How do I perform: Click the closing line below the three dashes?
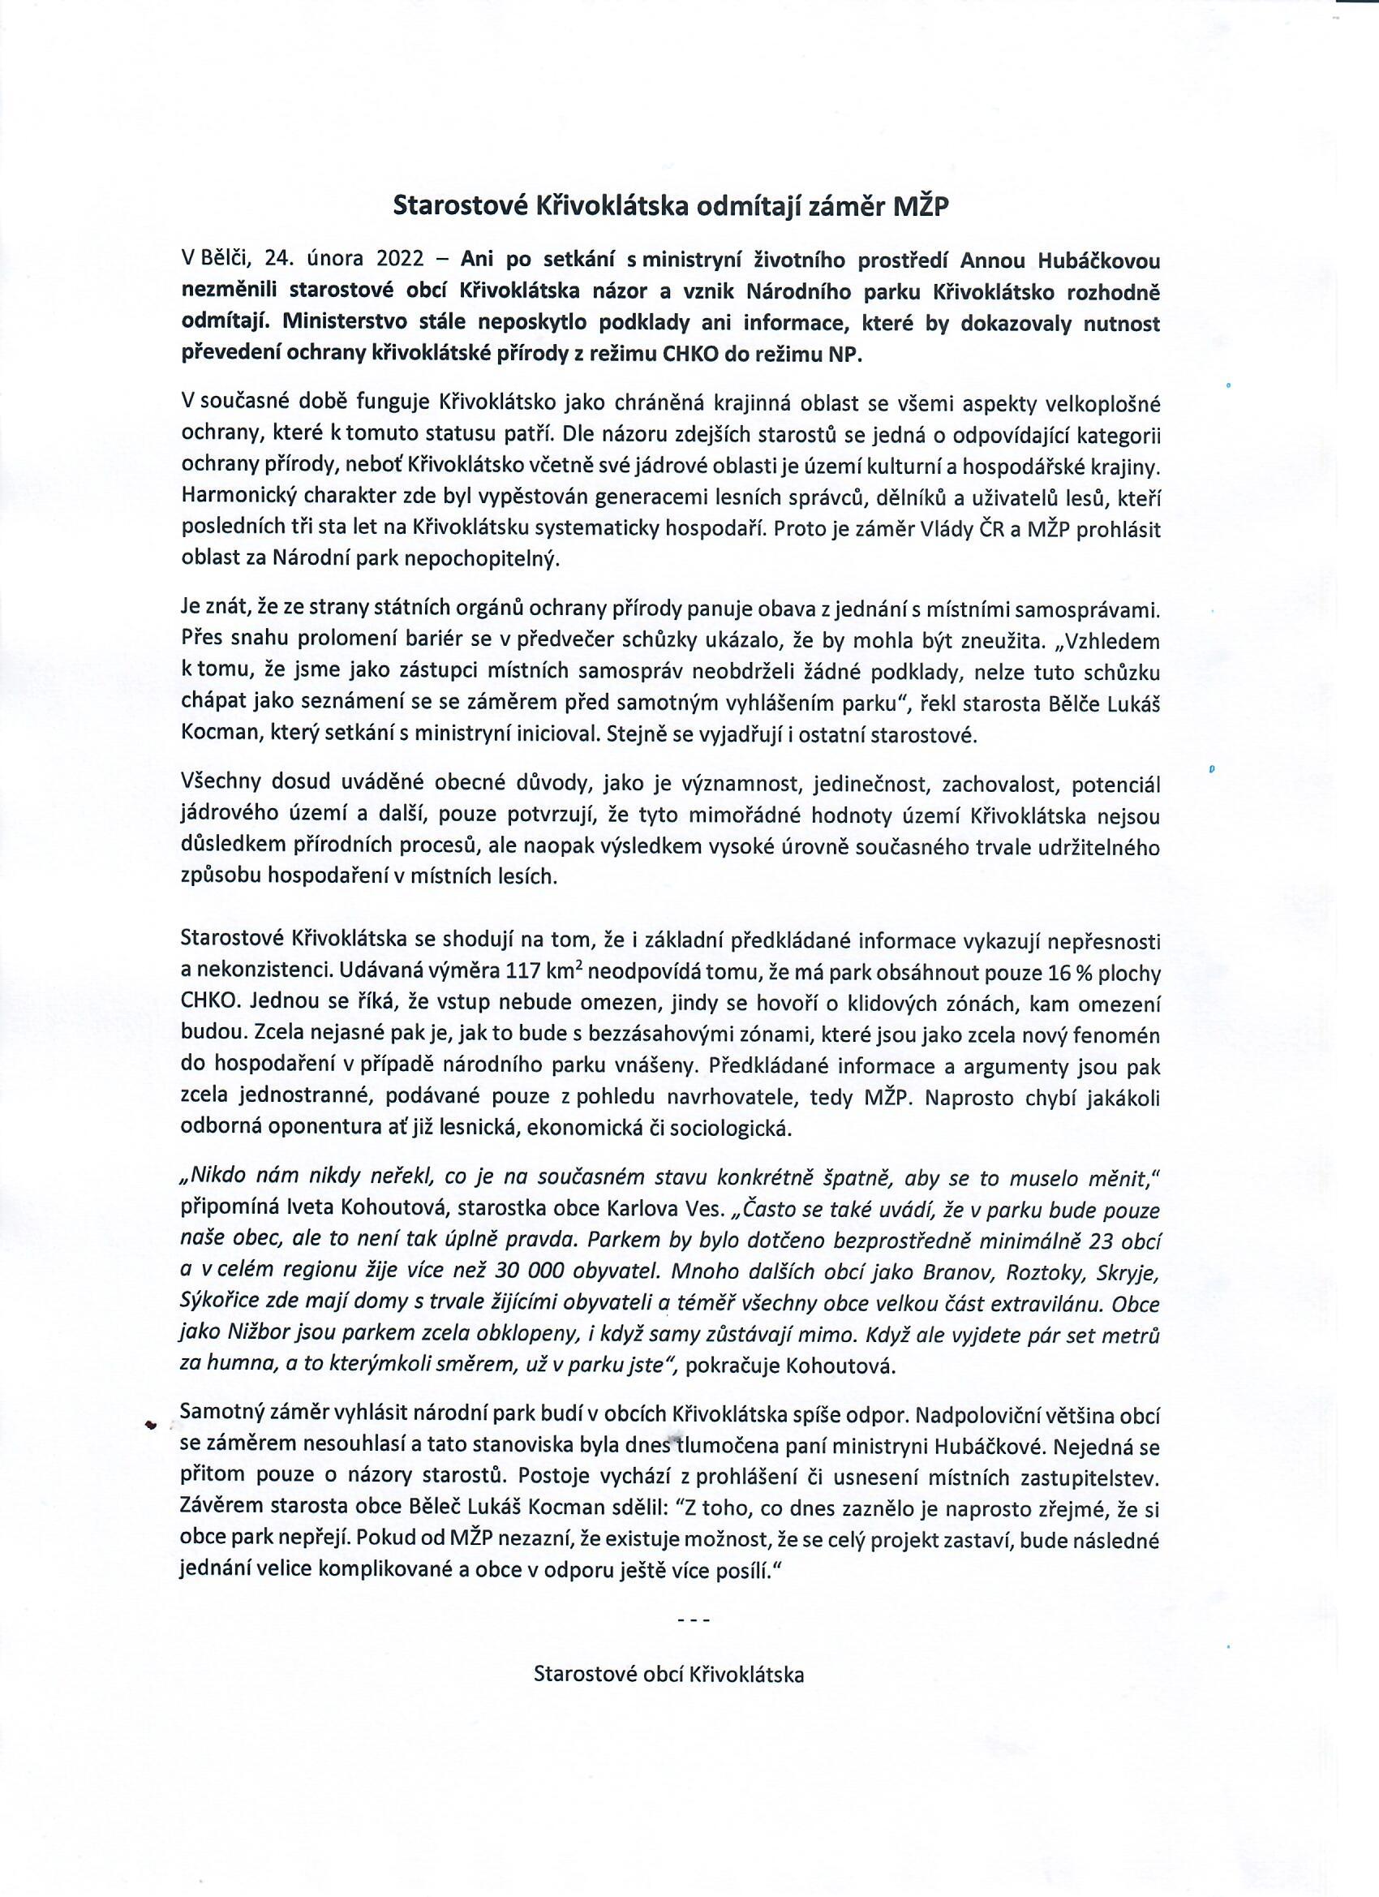(668, 1674)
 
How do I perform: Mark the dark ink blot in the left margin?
(151, 1426)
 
